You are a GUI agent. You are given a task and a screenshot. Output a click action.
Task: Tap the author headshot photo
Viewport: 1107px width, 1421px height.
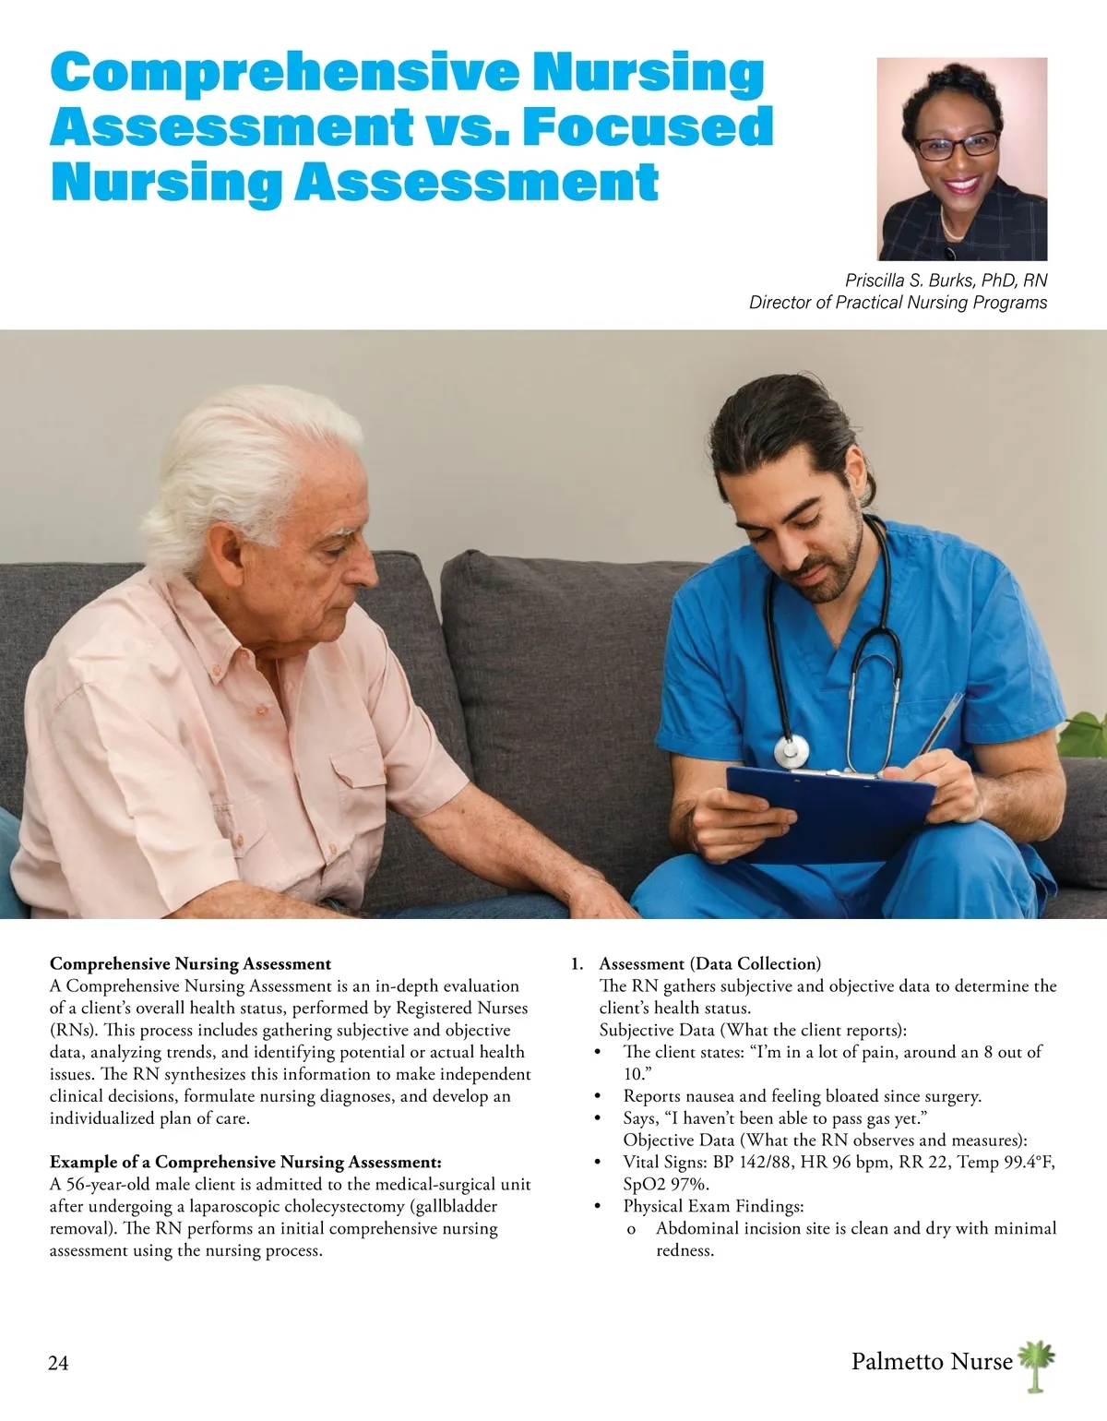click(x=961, y=159)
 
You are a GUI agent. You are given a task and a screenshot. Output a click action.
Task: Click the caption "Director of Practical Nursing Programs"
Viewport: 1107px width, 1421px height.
click(x=898, y=303)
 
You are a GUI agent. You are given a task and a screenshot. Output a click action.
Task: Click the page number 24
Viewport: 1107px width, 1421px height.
click(x=58, y=1363)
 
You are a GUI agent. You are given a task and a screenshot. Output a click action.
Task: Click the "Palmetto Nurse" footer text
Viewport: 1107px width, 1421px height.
click(x=931, y=1361)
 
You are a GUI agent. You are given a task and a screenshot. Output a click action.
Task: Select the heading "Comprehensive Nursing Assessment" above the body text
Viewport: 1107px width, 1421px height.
click(x=190, y=964)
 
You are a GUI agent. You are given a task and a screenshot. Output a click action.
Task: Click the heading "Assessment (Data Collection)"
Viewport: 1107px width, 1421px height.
click(x=709, y=964)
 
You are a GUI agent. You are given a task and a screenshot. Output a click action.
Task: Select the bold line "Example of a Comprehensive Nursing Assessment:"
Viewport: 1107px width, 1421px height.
click(x=245, y=1163)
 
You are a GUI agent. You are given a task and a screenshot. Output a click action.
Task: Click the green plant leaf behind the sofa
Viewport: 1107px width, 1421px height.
click(x=1084, y=734)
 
